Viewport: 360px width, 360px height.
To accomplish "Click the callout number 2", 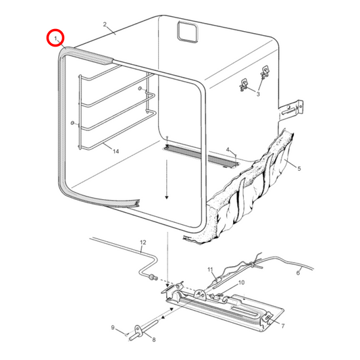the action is coord(105,24).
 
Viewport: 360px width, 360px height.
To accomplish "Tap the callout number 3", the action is coord(258,94).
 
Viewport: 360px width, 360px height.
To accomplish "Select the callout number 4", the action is coord(228,150).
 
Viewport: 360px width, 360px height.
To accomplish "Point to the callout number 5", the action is coord(299,169).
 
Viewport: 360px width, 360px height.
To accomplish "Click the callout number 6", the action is coord(298,273).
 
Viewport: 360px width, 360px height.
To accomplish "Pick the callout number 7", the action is coord(283,326).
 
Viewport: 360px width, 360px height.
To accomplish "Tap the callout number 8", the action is coord(154,340).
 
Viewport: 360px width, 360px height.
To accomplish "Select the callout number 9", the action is coord(113,328).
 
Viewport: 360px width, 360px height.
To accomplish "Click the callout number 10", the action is coord(242,282).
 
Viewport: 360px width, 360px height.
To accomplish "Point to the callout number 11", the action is coord(210,269).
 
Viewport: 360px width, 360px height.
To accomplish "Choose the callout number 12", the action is coord(143,242).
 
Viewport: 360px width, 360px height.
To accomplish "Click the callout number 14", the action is coord(115,151).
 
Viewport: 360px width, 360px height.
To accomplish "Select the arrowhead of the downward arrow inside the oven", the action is coord(167,197).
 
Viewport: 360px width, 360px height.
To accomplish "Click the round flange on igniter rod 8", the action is coord(138,330).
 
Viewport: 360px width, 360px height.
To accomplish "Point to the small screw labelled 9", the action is coord(126,335).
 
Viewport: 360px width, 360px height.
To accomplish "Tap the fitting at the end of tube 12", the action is coord(153,278).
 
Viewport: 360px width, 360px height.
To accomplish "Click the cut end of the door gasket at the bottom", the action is coord(138,203).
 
